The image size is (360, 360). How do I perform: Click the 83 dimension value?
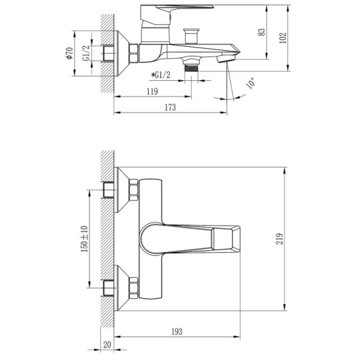point(262,32)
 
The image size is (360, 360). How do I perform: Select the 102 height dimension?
point(283,38)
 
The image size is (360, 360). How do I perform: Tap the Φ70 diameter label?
point(70,53)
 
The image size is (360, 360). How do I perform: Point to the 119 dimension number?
point(152,91)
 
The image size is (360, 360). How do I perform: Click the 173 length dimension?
point(170,107)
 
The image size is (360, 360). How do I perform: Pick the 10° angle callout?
point(250,83)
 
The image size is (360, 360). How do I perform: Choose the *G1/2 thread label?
point(161,75)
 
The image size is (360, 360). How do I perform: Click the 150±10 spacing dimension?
point(84,239)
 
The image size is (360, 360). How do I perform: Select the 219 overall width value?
point(280,239)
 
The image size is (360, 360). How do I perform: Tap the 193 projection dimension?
point(177,332)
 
